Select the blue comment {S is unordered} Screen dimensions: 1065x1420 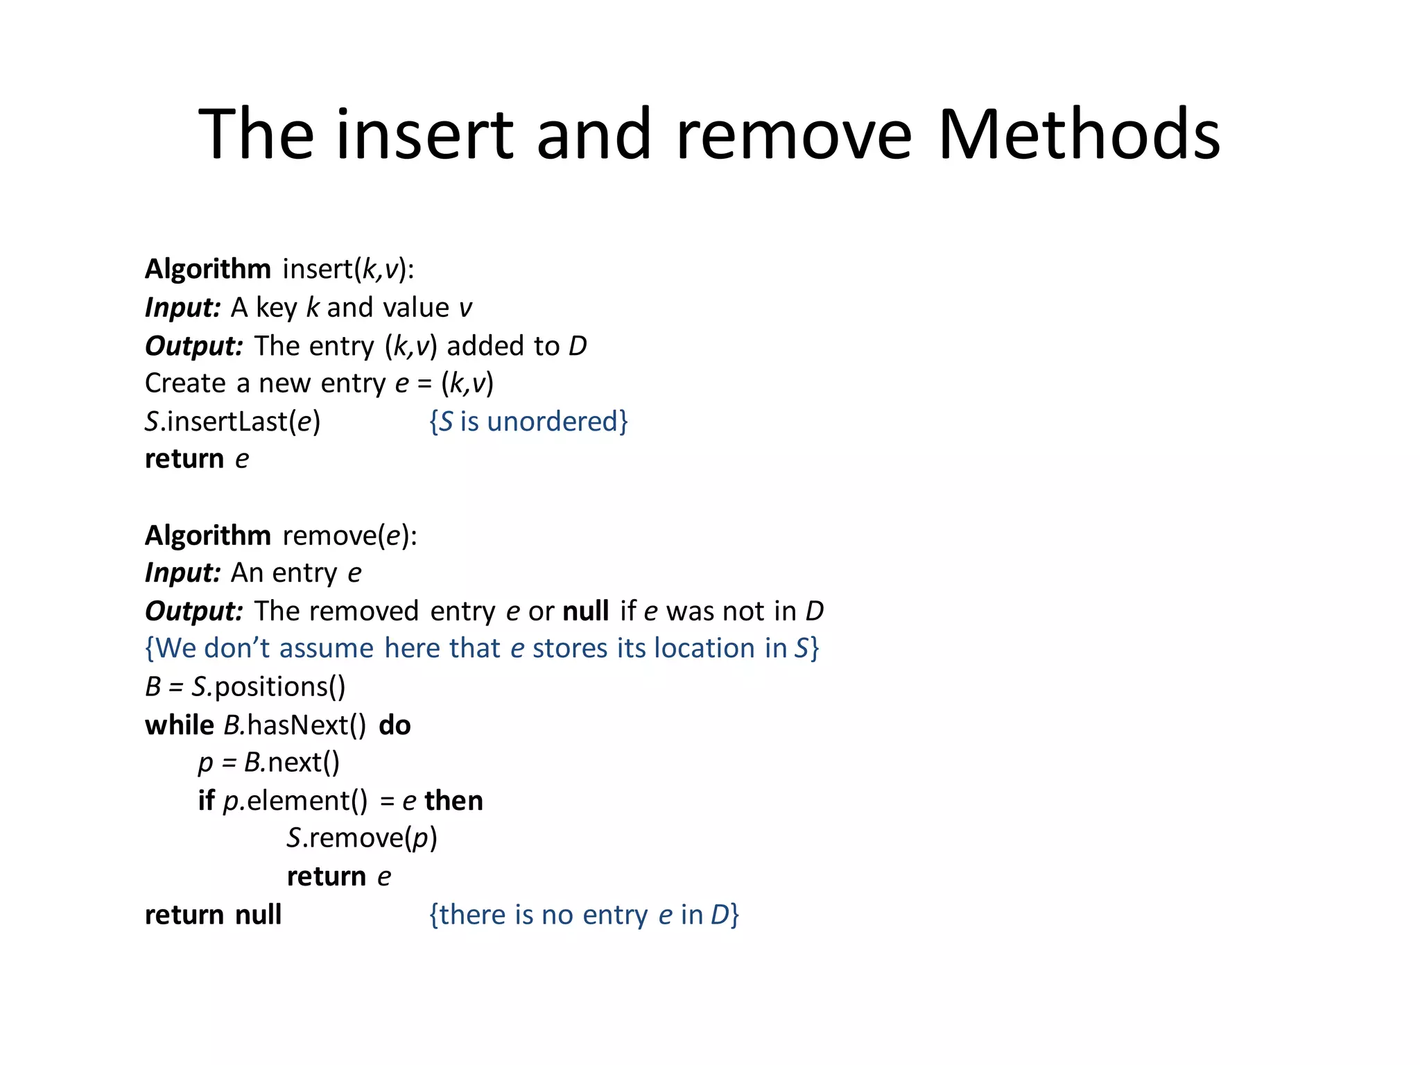coord(528,422)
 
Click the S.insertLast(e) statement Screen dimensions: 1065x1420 coord(232,422)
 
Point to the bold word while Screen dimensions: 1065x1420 coord(179,725)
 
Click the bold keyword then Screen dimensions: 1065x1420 coord(453,801)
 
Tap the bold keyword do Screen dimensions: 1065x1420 coord(395,725)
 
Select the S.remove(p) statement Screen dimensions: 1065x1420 coord(362,838)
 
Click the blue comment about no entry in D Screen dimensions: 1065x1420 coord(584,915)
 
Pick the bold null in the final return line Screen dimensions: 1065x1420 coord(258,915)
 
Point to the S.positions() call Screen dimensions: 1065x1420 coord(268,687)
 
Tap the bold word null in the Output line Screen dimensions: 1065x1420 coord(585,612)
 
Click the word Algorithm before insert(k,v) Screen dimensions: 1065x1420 coord(207,269)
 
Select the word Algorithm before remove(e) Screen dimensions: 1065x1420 coord(207,536)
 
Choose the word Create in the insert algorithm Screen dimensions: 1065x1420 coord(185,383)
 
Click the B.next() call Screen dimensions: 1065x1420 coord(291,763)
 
